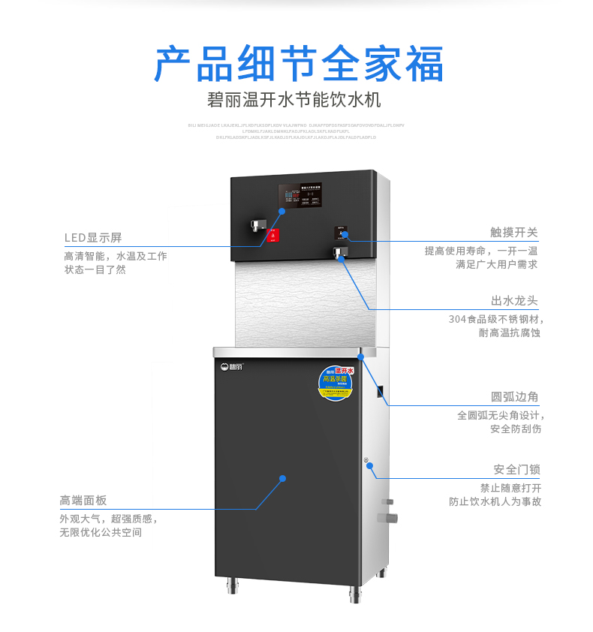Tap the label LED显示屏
(92, 238)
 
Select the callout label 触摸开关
(514, 233)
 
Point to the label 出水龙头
(514, 301)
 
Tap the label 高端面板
(83, 501)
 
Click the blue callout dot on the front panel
(283, 477)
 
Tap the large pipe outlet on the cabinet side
(390, 518)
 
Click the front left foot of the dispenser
(231, 587)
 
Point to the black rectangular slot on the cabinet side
(381, 392)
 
